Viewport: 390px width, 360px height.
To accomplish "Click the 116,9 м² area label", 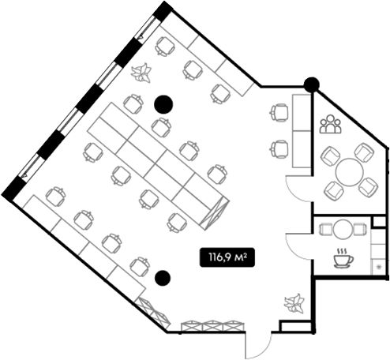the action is (227, 257).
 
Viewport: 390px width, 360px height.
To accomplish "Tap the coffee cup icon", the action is (343, 258).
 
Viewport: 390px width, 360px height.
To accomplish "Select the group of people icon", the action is (331, 124).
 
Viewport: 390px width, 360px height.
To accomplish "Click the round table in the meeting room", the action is (350, 172).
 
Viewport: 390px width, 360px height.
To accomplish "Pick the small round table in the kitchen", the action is (343, 229).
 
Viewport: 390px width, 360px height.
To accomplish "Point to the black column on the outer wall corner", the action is (312, 84).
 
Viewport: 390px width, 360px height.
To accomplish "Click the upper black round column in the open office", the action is (163, 104).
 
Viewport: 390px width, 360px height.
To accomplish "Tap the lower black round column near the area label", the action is (163, 279).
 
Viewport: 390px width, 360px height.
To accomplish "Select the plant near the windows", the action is (141, 73).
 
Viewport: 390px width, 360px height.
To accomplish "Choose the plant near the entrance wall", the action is (294, 304).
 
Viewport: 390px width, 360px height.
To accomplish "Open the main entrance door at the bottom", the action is (258, 345).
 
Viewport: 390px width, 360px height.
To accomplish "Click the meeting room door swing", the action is (299, 189).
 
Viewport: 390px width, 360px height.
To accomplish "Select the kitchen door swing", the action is (299, 246).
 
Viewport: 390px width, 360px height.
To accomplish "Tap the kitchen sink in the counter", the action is (379, 267).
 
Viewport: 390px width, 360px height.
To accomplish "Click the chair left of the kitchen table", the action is (326, 229).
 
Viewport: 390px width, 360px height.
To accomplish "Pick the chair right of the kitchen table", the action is (359, 229).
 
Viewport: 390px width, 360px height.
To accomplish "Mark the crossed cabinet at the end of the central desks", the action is (215, 213).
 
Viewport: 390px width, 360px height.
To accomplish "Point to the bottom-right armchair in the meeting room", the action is (369, 187).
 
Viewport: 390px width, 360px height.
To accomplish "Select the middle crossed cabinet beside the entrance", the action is (213, 326).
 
